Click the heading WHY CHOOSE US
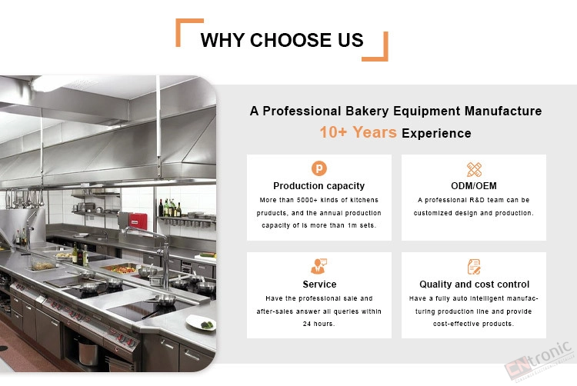[x=282, y=40]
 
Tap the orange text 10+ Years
[x=358, y=132]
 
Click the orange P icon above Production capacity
[x=319, y=168]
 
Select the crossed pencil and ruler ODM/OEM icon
[x=474, y=169]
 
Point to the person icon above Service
[x=319, y=267]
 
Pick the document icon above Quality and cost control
[x=474, y=267]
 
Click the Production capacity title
[x=319, y=186]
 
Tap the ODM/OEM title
[x=474, y=186]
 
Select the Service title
[x=319, y=285]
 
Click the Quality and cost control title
[x=475, y=285]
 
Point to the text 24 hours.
[x=319, y=324]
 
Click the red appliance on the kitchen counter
[x=138, y=221]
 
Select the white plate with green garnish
[x=201, y=323]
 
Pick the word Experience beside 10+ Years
[x=436, y=134]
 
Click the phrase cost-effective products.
[x=473, y=324]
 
